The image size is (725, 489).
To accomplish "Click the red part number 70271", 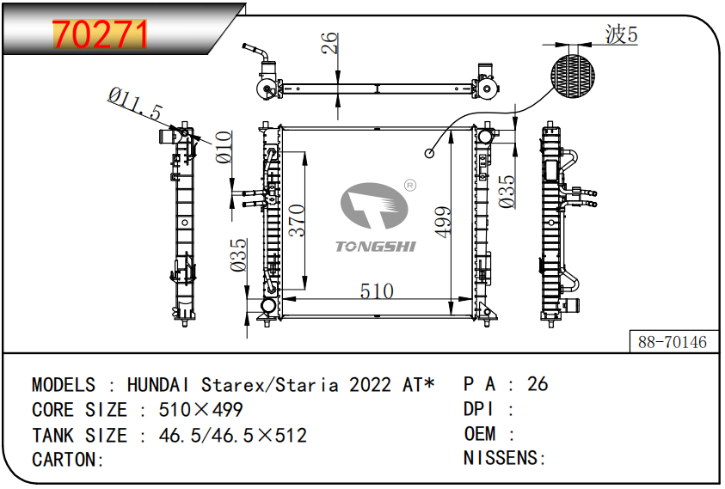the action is point(101,34).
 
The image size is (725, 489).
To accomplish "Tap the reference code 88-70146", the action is point(673,342).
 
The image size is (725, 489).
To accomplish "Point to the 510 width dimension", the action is point(377,291).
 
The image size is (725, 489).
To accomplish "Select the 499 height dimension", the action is point(443,223).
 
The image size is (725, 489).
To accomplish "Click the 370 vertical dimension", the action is point(297,221).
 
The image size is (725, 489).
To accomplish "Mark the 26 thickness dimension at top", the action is point(330,43).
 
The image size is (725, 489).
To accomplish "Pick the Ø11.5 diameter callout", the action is point(135,104).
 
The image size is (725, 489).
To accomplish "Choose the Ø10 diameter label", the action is point(224,147).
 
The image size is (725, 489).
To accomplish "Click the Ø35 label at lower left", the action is point(238,254).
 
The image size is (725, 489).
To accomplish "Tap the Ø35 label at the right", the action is point(507,192).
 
